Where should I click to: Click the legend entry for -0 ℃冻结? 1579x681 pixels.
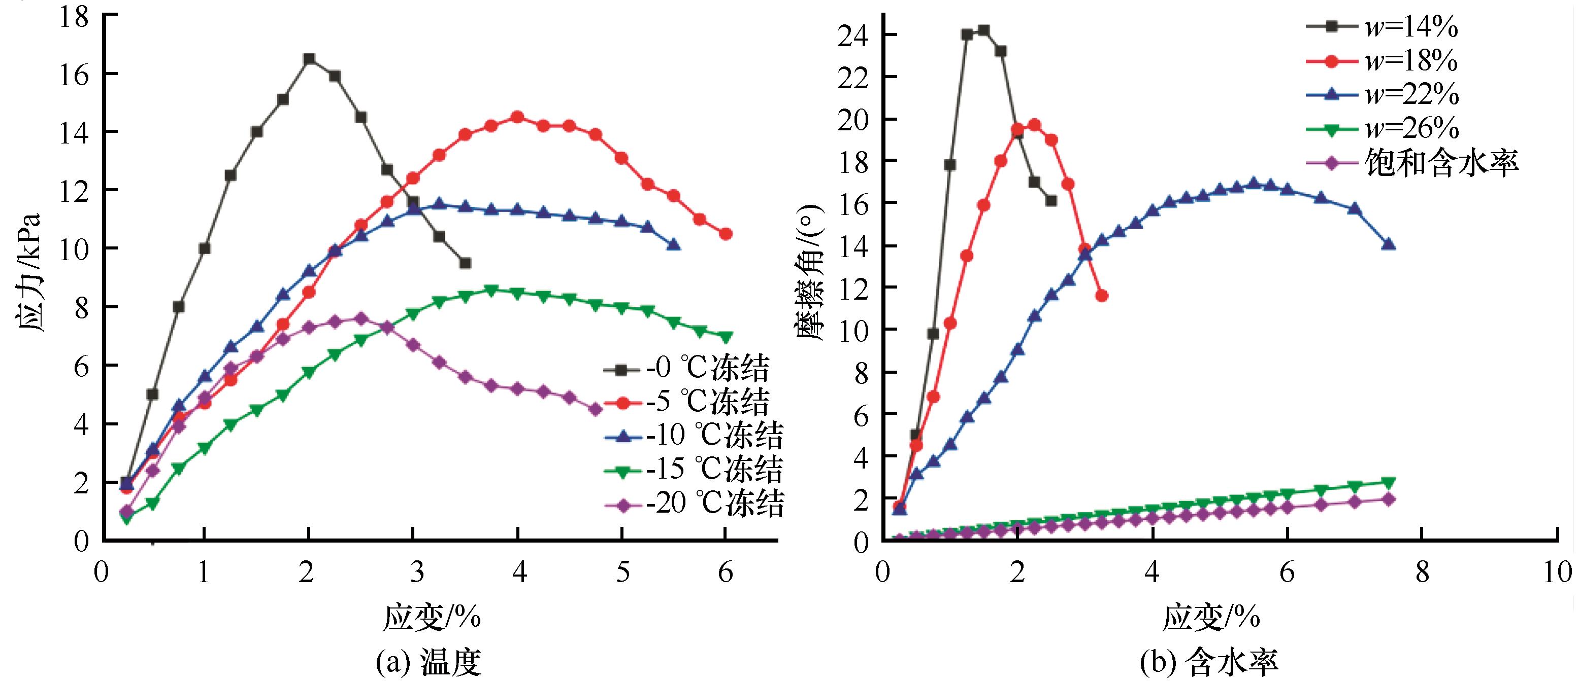686,369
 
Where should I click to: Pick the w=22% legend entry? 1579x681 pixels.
1381,94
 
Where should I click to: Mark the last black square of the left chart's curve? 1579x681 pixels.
465,263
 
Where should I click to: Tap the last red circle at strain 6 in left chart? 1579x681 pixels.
726,234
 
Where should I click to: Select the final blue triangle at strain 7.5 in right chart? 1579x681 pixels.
1389,244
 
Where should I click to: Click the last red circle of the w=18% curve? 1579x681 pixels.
1102,296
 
